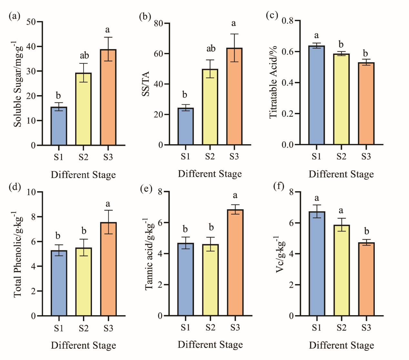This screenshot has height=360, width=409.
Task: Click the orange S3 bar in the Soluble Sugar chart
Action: (108, 97)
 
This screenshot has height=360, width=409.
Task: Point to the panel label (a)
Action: (15, 16)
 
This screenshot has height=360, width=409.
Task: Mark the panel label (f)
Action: (278, 186)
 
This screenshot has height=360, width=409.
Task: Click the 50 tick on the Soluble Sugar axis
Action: (31, 22)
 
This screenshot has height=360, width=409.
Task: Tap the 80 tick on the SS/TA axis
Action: (158, 23)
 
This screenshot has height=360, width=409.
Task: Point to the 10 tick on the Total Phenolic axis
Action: (31, 192)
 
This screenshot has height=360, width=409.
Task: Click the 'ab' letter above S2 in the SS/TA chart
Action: (211, 49)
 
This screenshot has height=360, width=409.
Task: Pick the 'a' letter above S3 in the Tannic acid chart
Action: (235, 195)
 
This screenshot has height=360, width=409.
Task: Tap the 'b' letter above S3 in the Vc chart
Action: (366, 231)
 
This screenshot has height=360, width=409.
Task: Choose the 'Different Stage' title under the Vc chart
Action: (342, 345)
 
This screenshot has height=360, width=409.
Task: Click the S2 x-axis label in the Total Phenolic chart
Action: (84, 328)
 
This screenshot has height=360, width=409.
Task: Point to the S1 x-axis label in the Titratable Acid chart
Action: (316, 156)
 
